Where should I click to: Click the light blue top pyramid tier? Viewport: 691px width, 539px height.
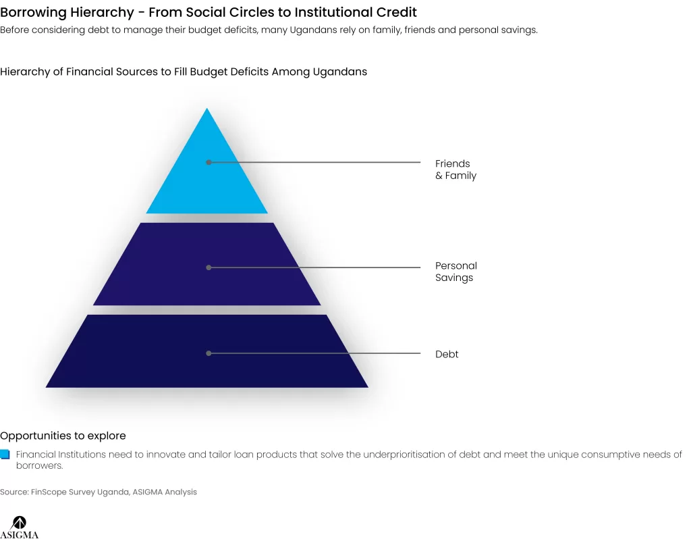206,176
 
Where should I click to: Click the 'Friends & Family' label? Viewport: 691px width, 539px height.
455,170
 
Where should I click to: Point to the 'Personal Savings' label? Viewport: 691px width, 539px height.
456,272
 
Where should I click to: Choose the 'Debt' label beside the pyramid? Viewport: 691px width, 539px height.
447,354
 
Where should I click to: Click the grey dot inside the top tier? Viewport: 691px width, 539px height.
209,162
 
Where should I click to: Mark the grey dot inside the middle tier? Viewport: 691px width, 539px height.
209,267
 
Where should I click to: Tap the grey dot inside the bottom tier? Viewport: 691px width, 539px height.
209,353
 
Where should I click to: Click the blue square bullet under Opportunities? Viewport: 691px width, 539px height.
5,455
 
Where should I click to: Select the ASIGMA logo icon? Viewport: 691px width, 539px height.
19,523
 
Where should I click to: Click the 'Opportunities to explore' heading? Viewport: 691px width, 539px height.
63,436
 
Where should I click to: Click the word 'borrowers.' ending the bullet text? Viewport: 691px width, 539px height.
40,466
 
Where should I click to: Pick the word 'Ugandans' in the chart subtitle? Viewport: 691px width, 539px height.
340,72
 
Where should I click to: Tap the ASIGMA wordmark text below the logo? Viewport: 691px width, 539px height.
20,534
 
